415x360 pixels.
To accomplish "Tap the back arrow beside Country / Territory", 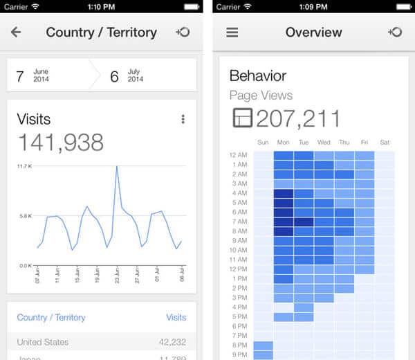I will pyautogui.click(x=16, y=33).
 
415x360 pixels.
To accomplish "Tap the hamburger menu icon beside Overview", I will pyautogui.click(x=232, y=33).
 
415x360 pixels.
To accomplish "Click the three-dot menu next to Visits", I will pyautogui.click(x=183, y=119).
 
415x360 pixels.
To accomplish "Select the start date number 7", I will pyautogui.click(x=20, y=76).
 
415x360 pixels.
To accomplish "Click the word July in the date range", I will pyautogui.click(x=134, y=71).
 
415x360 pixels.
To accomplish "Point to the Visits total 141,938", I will pyautogui.click(x=60, y=142).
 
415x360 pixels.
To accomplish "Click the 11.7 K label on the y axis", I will pyautogui.click(x=25, y=166).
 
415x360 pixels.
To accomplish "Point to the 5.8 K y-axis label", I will pyautogui.click(x=25, y=216).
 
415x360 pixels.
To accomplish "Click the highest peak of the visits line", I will pyautogui.click(x=117, y=167).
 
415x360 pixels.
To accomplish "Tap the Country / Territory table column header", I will pyautogui.click(x=51, y=318).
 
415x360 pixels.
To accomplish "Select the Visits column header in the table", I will pyautogui.click(x=176, y=318).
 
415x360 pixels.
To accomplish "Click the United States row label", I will pyautogui.click(x=43, y=342).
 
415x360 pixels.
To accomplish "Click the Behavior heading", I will pyautogui.click(x=258, y=76).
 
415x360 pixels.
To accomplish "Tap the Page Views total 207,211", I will pyautogui.click(x=298, y=118).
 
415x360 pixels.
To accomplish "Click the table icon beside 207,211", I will pyautogui.click(x=242, y=119).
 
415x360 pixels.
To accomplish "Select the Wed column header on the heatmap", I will pyautogui.click(x=324, y=143).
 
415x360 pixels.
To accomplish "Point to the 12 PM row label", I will pyautogui.click(x=238, y=269).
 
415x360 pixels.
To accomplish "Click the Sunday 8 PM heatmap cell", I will pyautogui.click(x=263, y=345).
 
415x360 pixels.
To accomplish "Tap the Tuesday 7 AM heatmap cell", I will pyautogui.click(x=304, y=222).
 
